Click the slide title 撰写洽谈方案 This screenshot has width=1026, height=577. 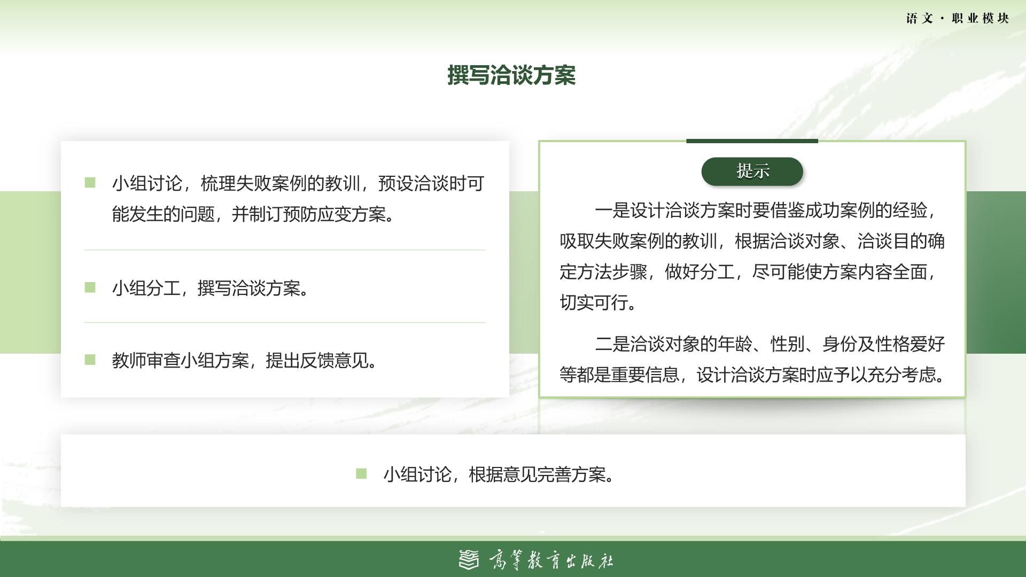(x=511, y=75)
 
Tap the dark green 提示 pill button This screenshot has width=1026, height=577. (x=752, y=171)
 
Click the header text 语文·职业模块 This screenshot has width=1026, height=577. (x=958, y=19)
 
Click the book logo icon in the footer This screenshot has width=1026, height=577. (x=469, y=559)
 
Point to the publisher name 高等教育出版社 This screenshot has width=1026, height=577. (x=551, y=560)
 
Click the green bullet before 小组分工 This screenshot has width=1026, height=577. (x=90, y=287)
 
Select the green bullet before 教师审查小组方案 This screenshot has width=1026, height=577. (x=90, y=360)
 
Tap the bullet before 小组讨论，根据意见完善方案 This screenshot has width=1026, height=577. (x=361, y=474)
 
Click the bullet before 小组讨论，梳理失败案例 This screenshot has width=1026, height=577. (x=90, y=183)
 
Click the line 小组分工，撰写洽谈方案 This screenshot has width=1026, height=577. (x=210, y=288)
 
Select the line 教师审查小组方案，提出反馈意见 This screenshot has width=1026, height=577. (x=245, y=361)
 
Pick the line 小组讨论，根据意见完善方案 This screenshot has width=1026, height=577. (x=499, y=474)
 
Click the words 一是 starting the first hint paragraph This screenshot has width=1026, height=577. (x=612, y=210)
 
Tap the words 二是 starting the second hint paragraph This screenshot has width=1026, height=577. (x=612, y=344)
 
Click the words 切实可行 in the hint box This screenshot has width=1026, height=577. (x=594, y=303)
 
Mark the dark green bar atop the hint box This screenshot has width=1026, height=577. (x=752, y=141)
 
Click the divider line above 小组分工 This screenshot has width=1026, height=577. (x=285, y=249)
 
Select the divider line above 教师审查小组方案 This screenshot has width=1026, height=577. (x=285, y=322)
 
